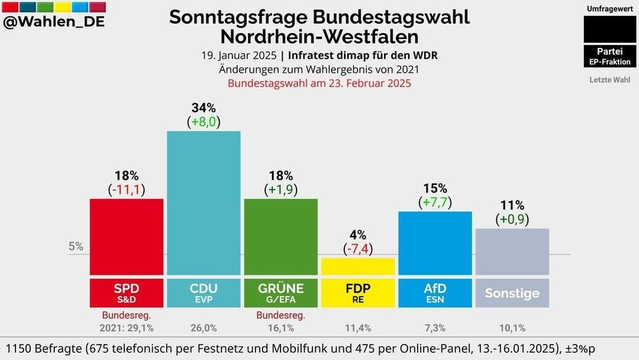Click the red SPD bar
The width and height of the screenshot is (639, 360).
127,237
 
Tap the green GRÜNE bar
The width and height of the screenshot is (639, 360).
281,237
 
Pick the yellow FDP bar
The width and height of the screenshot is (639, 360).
358,267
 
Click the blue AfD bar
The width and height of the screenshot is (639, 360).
435,243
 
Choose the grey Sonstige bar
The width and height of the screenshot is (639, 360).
512,251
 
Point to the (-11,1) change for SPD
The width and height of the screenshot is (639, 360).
127,189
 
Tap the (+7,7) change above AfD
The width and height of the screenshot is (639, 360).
435,203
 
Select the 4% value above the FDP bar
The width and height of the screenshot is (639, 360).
358,235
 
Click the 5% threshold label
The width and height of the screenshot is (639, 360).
76,246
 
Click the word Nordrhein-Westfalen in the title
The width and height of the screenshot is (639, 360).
319,36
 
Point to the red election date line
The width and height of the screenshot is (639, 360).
319,83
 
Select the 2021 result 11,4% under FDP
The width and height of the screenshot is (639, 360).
358,328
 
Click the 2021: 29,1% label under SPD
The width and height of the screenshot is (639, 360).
126,328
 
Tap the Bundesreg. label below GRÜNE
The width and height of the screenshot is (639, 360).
281,315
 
